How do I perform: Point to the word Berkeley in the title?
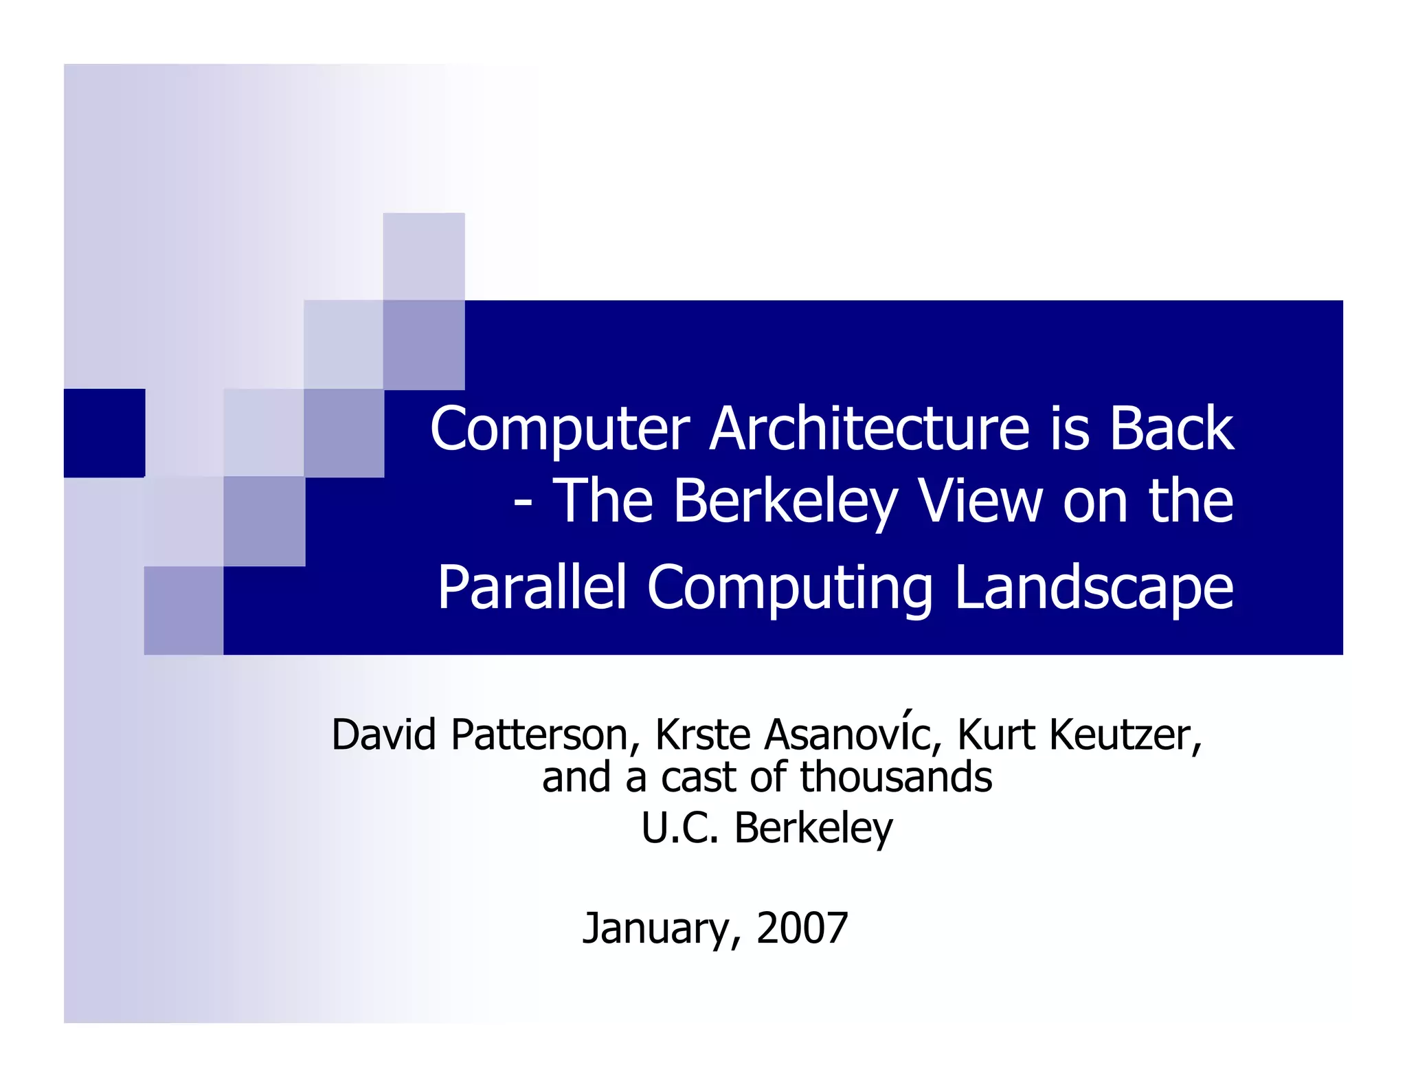[785, 502]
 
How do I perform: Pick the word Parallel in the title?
[532, 587]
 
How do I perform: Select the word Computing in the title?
[789, 589]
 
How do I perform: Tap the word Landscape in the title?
[1094, 589]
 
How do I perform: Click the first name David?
[384, 735]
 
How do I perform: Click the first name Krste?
[703, 735]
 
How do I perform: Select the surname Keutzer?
[1125, 735]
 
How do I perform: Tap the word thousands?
[896, 777]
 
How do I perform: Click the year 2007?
[802, 928]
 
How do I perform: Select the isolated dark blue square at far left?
[104, 433]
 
